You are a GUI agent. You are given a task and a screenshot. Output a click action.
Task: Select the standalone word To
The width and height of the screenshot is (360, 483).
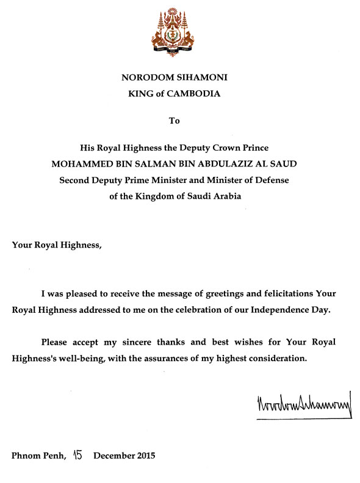175,121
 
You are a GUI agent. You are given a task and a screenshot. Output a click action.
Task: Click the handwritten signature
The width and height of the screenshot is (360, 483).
303,405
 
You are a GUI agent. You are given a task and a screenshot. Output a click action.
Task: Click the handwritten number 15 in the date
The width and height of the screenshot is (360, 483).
77,454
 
